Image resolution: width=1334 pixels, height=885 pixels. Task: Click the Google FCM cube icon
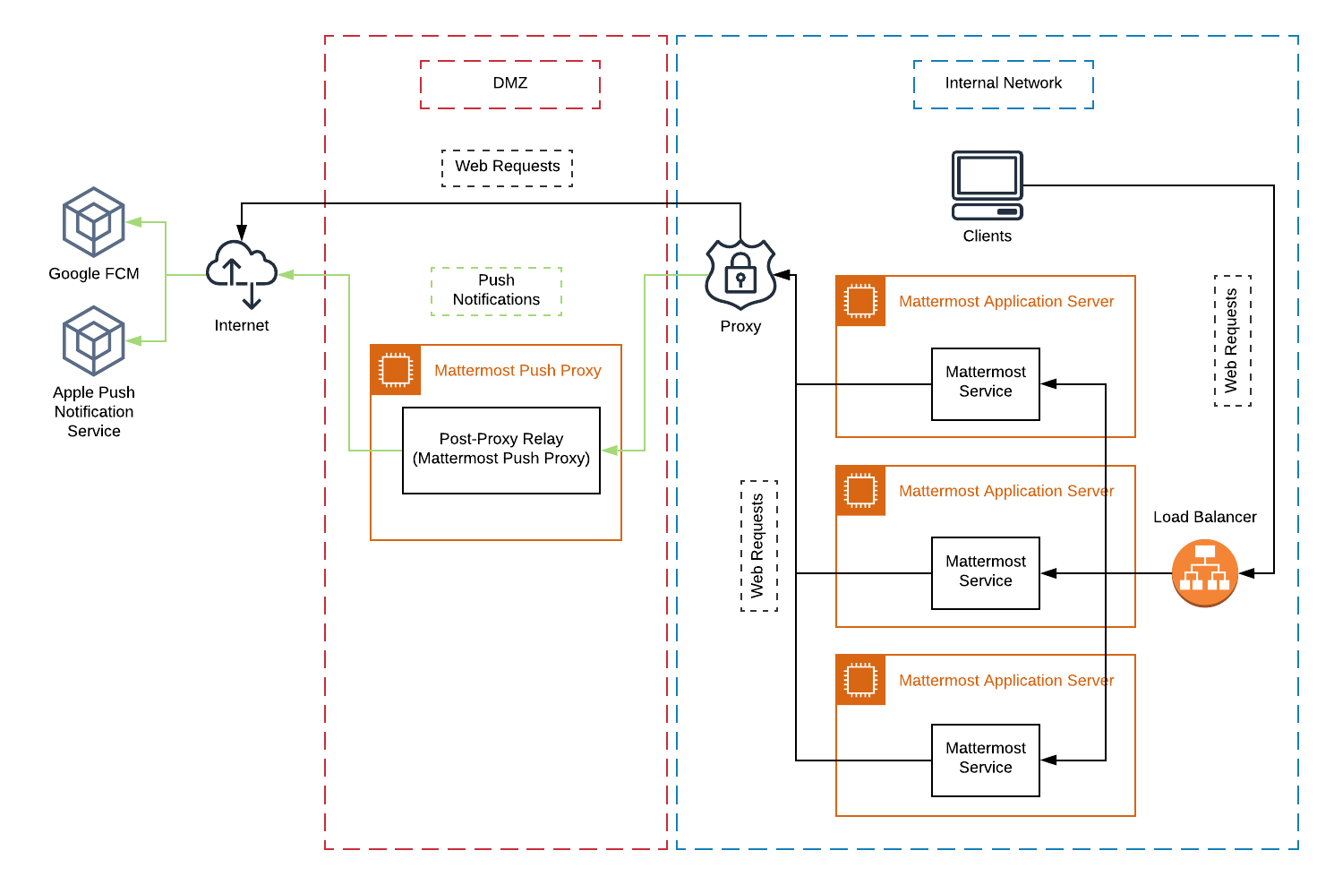coord(93,222)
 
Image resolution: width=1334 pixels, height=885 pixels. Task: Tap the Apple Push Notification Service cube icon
coord(93,340)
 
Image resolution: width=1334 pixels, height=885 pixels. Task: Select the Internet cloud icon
coord(241,271)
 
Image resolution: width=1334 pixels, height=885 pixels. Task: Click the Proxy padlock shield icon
coord(740,274)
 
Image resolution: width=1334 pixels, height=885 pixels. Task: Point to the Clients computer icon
coord(987,185)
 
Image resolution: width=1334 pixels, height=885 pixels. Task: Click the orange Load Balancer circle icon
coord(1204,573)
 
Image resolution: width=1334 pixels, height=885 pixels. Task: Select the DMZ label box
coord(510,84)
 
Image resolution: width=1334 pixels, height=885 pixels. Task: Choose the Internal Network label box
coord(1003,84)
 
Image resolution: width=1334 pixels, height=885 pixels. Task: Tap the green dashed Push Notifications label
coord(496,291)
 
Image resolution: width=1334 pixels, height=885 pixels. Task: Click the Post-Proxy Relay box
coord(500,450)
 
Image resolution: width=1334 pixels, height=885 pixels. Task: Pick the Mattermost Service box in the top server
coord(985,383)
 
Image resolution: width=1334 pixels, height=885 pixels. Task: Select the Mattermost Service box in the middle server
coord(985,572)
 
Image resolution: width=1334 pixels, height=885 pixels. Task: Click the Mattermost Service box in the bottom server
coord(985,760)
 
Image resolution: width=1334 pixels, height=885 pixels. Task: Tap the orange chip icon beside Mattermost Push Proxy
coord(396,370)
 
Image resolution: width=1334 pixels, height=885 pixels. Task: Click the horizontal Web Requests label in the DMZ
coord(507,168)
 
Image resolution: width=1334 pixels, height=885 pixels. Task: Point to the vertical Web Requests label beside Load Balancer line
coord(1232,340)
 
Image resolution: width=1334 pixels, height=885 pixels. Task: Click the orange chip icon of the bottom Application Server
coord(860,680)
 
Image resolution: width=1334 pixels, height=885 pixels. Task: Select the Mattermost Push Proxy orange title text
coord(517,371)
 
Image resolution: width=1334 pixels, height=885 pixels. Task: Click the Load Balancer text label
coord(1204,517)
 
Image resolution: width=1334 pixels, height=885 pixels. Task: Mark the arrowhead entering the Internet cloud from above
coord(242,234)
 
